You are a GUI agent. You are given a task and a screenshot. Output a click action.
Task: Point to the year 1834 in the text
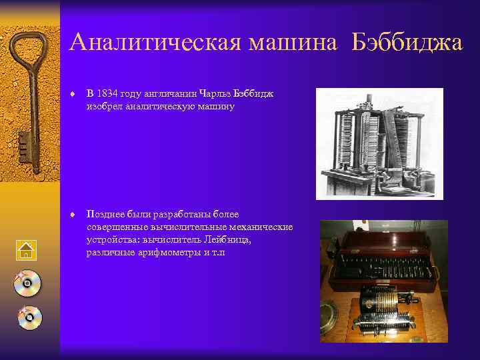tap(107, 94)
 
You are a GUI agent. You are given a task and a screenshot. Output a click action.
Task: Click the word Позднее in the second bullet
tap(104, 214)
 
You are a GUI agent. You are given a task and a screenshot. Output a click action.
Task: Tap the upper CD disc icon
tap(27, 283)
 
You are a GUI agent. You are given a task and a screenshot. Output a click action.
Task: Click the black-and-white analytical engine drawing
tap(379, 143)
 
